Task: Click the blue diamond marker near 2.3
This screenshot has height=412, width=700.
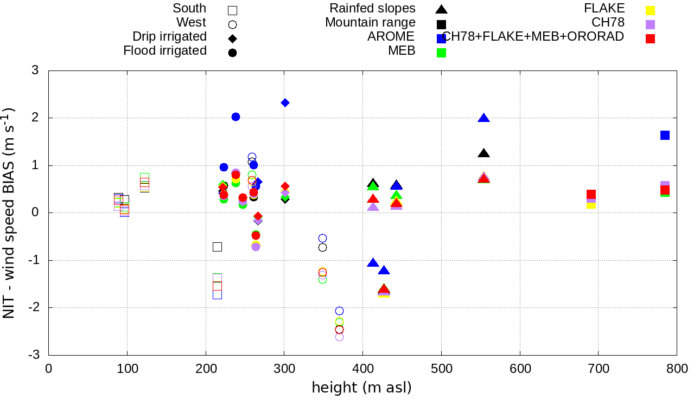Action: click(x=285, y=103)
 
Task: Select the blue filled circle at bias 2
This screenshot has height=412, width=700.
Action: click(x=236, y=117)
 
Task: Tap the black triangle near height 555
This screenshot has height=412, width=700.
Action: click(x=484, y=153)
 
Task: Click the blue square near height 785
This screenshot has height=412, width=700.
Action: click(x=665, y=135)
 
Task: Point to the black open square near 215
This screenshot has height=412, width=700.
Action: click(x=217, y=247)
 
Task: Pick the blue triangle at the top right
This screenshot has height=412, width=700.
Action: click(x=484, y=118)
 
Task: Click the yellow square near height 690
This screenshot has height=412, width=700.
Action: click(x=591, y=204)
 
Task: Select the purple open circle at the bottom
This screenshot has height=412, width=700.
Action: click(x=339, y=337)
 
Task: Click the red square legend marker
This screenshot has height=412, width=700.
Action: click(x=650, y=39)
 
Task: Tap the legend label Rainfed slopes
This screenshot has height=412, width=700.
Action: click(x=372, y=9)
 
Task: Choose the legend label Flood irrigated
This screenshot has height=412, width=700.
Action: click(x=165, y=51)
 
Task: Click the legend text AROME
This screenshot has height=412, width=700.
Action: click(x=391, y=37)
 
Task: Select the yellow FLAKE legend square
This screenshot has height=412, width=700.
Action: click(x=650, y=10)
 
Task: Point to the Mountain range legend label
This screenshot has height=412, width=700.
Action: click(x=370, y=23)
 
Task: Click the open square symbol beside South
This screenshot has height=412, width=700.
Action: click(x=233, y=10)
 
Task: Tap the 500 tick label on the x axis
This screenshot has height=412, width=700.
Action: click(x=441, y=369)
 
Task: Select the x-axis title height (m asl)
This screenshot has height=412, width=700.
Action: click(x=361, y=388)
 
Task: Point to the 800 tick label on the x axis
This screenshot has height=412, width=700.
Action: click(x=677, y=369)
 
